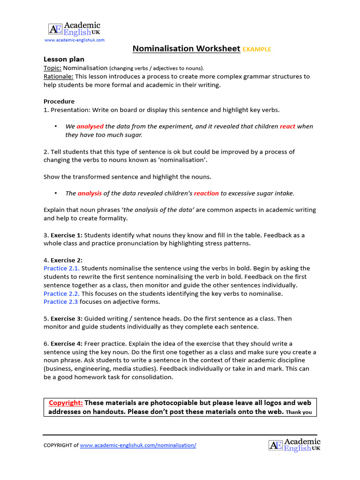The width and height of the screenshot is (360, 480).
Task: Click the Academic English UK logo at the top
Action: click(74, 29)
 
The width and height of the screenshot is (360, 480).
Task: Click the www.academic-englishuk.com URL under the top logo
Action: click(74, 40)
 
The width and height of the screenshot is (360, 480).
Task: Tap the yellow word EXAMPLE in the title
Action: click(257, 49)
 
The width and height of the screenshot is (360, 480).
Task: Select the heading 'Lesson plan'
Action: click(64, 60)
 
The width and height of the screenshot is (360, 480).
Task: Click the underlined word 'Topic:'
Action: click(52, 68)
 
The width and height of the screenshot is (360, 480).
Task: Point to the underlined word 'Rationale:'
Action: click(58, 76)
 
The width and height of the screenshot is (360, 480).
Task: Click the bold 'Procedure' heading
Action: click(59, 101)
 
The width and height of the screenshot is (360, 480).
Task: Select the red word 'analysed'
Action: click(90, 127)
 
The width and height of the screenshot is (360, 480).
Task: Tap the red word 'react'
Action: click(287, 127)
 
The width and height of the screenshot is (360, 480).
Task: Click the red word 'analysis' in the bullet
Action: click(90, 193)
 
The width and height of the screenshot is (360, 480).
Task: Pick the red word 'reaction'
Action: click(206, 193)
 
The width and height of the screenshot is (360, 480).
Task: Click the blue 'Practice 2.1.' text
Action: click(61, 269)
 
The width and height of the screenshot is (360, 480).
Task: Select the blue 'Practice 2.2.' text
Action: click(61, 294)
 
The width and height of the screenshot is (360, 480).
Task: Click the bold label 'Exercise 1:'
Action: click(66, 235)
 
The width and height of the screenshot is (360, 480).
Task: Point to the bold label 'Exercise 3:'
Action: click(66, 319)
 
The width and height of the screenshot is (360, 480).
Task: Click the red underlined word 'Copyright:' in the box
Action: click(66, 403)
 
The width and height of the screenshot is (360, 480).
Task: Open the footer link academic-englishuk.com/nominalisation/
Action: click(138, 445)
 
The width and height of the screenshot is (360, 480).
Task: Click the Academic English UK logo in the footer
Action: click(294, 445)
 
